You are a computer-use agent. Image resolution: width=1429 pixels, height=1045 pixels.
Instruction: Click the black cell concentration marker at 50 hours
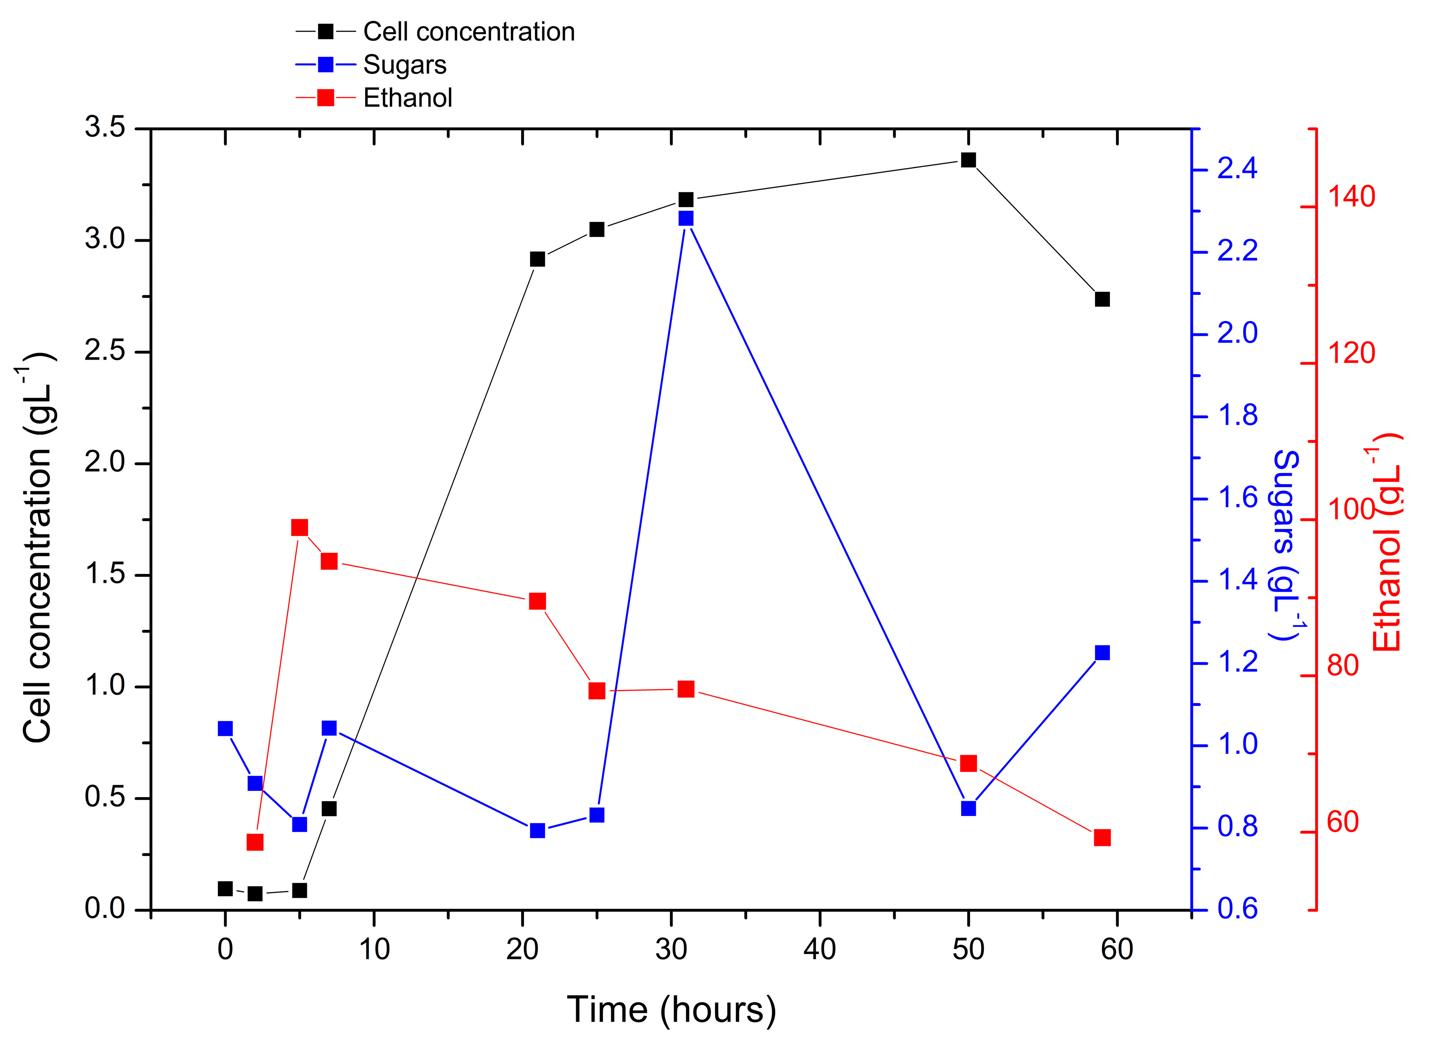click(x=968, y=160)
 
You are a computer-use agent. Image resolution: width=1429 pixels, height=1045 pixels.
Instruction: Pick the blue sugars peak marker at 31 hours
click(x=686, y=218)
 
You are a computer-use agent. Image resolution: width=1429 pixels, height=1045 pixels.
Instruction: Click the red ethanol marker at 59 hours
click(x=1102, y=837)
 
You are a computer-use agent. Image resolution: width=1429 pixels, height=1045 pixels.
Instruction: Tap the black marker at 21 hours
click(x=537, y=259)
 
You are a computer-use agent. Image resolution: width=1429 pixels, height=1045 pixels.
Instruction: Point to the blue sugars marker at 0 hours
click(x=225, y=729)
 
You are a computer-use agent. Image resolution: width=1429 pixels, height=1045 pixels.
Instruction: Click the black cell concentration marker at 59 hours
click(x=1102, y=299)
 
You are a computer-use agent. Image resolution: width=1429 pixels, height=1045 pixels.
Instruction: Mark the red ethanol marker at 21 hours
click(x=537, y=601)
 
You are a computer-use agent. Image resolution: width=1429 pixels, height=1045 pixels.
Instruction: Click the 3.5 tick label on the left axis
click(x=105, y=128)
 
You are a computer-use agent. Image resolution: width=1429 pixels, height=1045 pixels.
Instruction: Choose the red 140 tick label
click(x=1350, y=197)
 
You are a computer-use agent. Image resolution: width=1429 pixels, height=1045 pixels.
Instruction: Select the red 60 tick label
click(x=1342, y=822)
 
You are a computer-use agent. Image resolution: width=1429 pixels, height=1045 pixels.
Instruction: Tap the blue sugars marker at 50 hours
click(x=968, y=809)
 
